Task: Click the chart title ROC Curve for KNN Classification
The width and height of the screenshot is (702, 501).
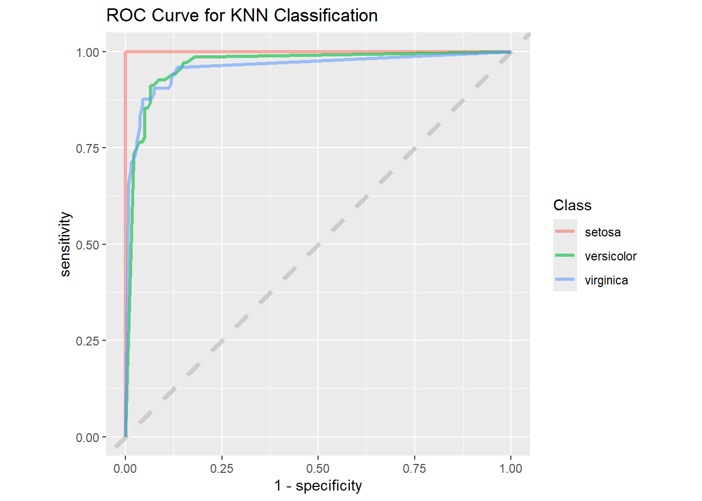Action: pos(242,16)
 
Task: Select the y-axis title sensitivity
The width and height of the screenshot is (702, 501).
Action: pos(65,244)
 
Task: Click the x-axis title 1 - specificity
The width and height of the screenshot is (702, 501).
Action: pos(318,486)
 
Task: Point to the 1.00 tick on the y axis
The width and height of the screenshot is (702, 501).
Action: pos(87,52)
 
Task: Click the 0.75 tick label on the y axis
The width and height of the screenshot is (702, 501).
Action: pos(87,148)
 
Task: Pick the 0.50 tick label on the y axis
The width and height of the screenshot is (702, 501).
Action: pos(87,245)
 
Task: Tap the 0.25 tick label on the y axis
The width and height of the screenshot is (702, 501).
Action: pos(87,341)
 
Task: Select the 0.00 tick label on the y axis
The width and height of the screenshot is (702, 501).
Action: pos(87,437)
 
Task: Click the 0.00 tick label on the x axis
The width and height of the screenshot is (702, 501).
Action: pos(125,469)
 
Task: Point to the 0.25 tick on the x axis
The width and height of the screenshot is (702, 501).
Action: pos(221,469)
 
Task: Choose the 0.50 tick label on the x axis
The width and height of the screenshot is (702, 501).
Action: pos(318,469)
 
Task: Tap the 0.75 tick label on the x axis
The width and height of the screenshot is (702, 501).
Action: pos(414,469)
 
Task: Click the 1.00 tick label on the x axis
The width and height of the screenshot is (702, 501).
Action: pos(511,469)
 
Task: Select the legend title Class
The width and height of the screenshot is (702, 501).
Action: pos(572,205)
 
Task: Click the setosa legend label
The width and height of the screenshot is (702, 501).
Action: pos(603,232)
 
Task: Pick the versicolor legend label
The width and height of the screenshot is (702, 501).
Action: pos(611,256)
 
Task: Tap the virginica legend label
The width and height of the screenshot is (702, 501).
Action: pos(606,280)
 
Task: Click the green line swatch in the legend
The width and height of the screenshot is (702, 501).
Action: pos(565,255)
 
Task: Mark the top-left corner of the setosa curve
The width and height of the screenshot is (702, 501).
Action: pos(125,52)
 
